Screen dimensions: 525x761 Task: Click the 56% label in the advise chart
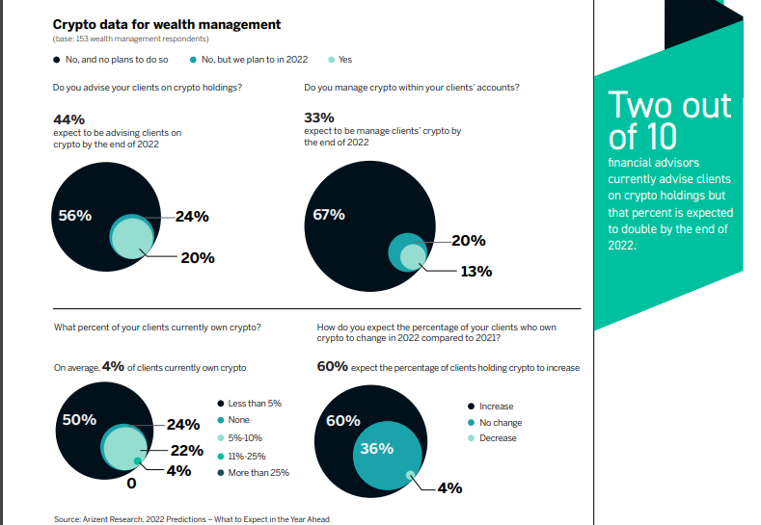pos(75,216)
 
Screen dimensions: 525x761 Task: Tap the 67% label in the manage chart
pos(329,215)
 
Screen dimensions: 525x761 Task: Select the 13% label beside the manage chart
pos(476,272)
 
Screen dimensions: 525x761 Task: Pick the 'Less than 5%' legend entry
pos(255,403)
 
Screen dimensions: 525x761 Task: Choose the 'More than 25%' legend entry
pos(258,472)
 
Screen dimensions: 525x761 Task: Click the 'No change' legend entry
pos(500,422)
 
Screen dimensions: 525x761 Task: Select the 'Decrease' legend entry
pos(498,438)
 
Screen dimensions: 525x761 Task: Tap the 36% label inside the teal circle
pos(376,448)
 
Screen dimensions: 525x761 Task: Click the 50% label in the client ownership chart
pos(78,420)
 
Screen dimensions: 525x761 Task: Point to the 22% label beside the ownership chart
pos(186,450)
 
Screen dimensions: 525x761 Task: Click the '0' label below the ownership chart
pos(130,483)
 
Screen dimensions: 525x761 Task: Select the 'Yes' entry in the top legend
pos(344,60)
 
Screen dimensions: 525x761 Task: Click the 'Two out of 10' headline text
pos(669,118)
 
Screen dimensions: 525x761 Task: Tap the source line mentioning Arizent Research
pos(192,519)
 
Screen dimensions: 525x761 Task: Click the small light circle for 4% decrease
pos(411,474)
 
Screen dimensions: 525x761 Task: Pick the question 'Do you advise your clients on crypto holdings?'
pos(147,89)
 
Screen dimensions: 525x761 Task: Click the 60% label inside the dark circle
pos(344,421)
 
